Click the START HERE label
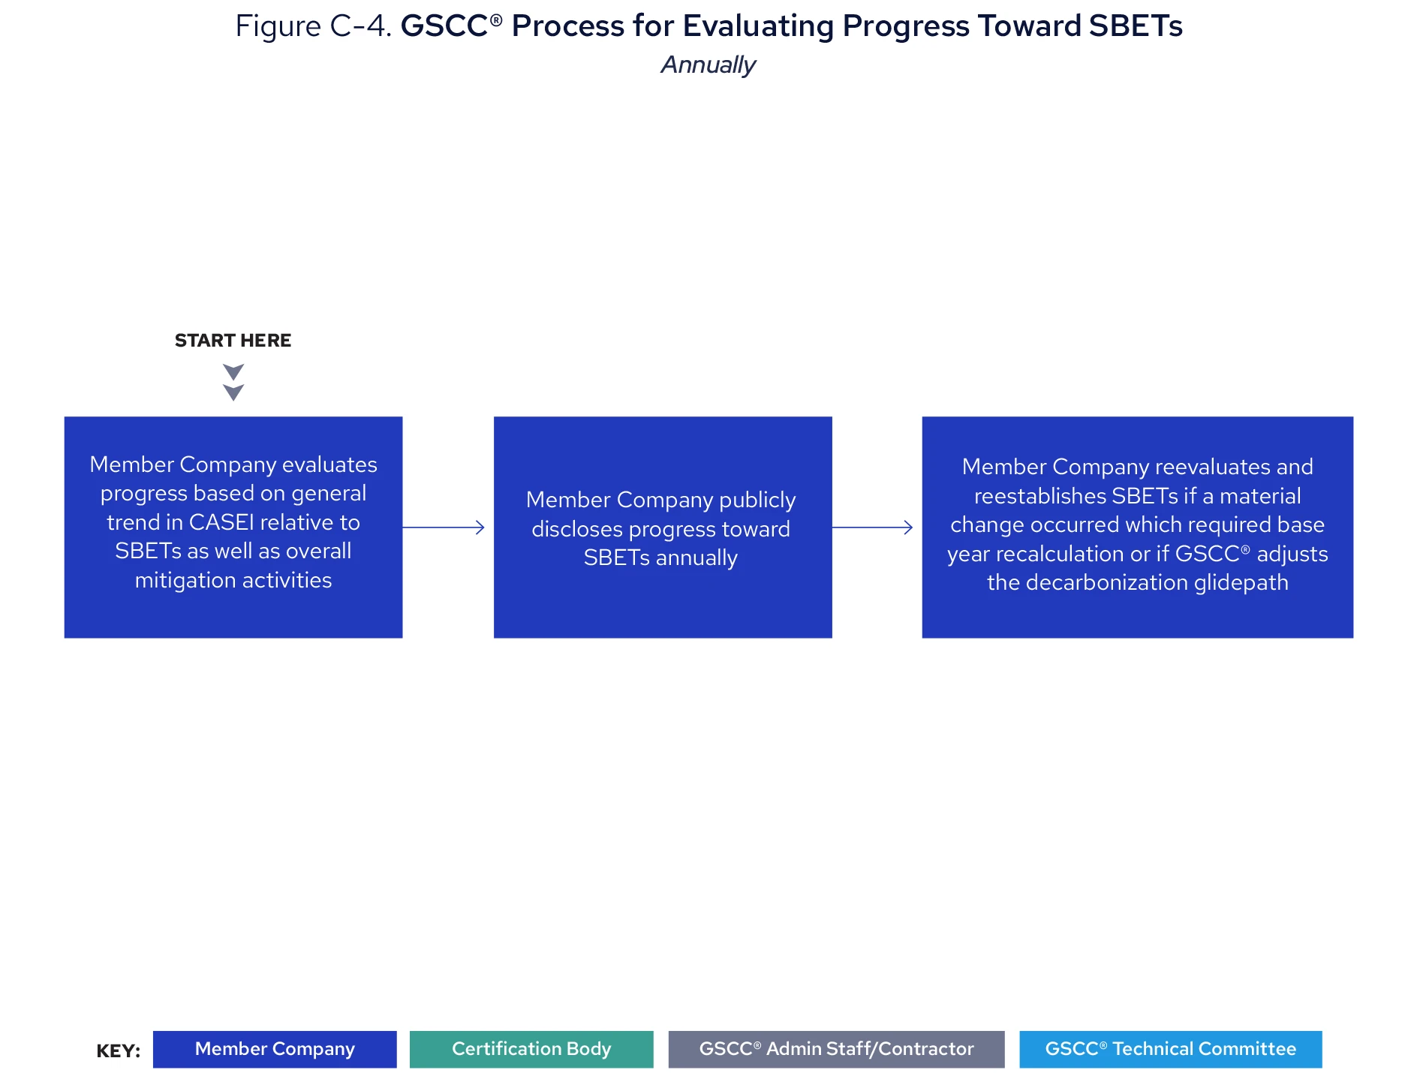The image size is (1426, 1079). pos(233,341)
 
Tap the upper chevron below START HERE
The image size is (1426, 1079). pos(233,372)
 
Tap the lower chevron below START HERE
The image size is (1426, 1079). pos(233,392)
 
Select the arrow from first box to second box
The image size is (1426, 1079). pos(444,527)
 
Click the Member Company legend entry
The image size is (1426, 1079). pos(275,1049)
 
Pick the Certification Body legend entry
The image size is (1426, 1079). pos(531,1049)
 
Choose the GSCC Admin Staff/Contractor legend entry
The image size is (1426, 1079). pos(836,1049)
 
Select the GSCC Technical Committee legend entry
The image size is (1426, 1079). pos(1170,1049)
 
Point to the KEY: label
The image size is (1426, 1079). pos(119,1051)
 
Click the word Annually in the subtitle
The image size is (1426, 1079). pos(708,65)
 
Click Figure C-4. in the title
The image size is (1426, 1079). pos(313,26)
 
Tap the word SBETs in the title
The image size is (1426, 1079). pos(1135,26)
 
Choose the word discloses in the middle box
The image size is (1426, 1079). pos(576,530)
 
